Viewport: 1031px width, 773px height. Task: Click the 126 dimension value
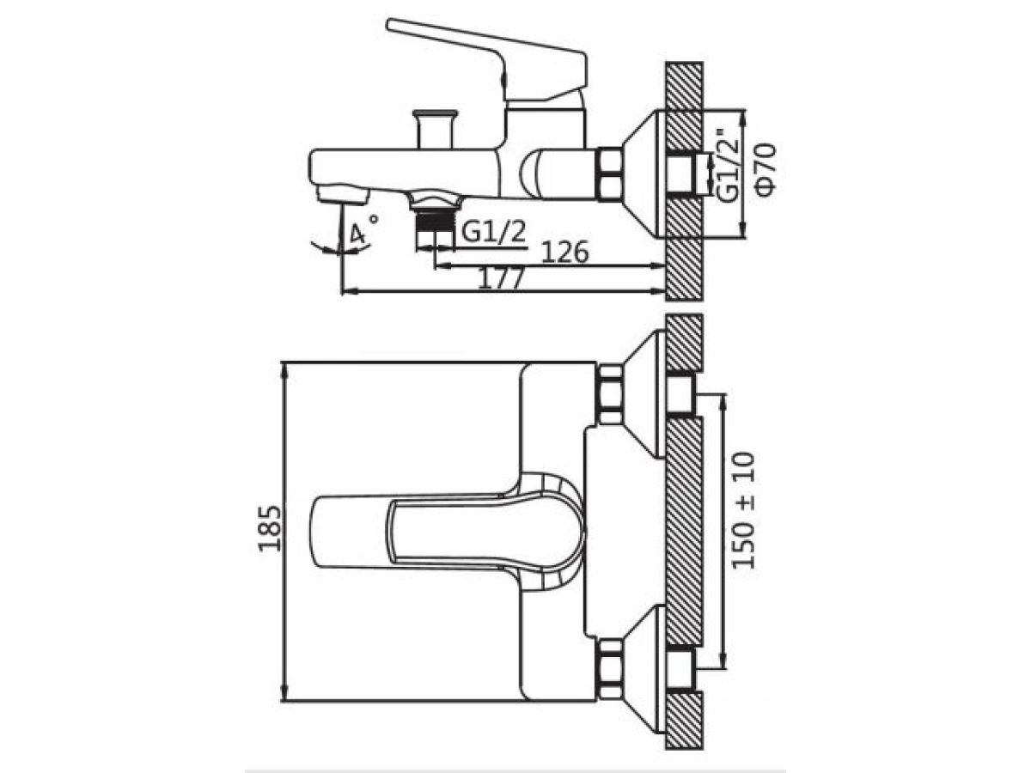[564, 253]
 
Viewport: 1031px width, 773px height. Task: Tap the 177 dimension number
[500, 278]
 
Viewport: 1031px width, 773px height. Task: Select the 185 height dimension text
[270, 528]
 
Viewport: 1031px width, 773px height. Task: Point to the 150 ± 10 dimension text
[743, 511]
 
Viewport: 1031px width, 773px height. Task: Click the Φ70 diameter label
[766, 170]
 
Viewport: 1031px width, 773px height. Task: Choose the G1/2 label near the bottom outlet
[493, 231]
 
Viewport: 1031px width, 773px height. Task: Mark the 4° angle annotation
[361, 231]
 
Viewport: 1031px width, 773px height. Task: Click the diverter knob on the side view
[435, 129]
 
